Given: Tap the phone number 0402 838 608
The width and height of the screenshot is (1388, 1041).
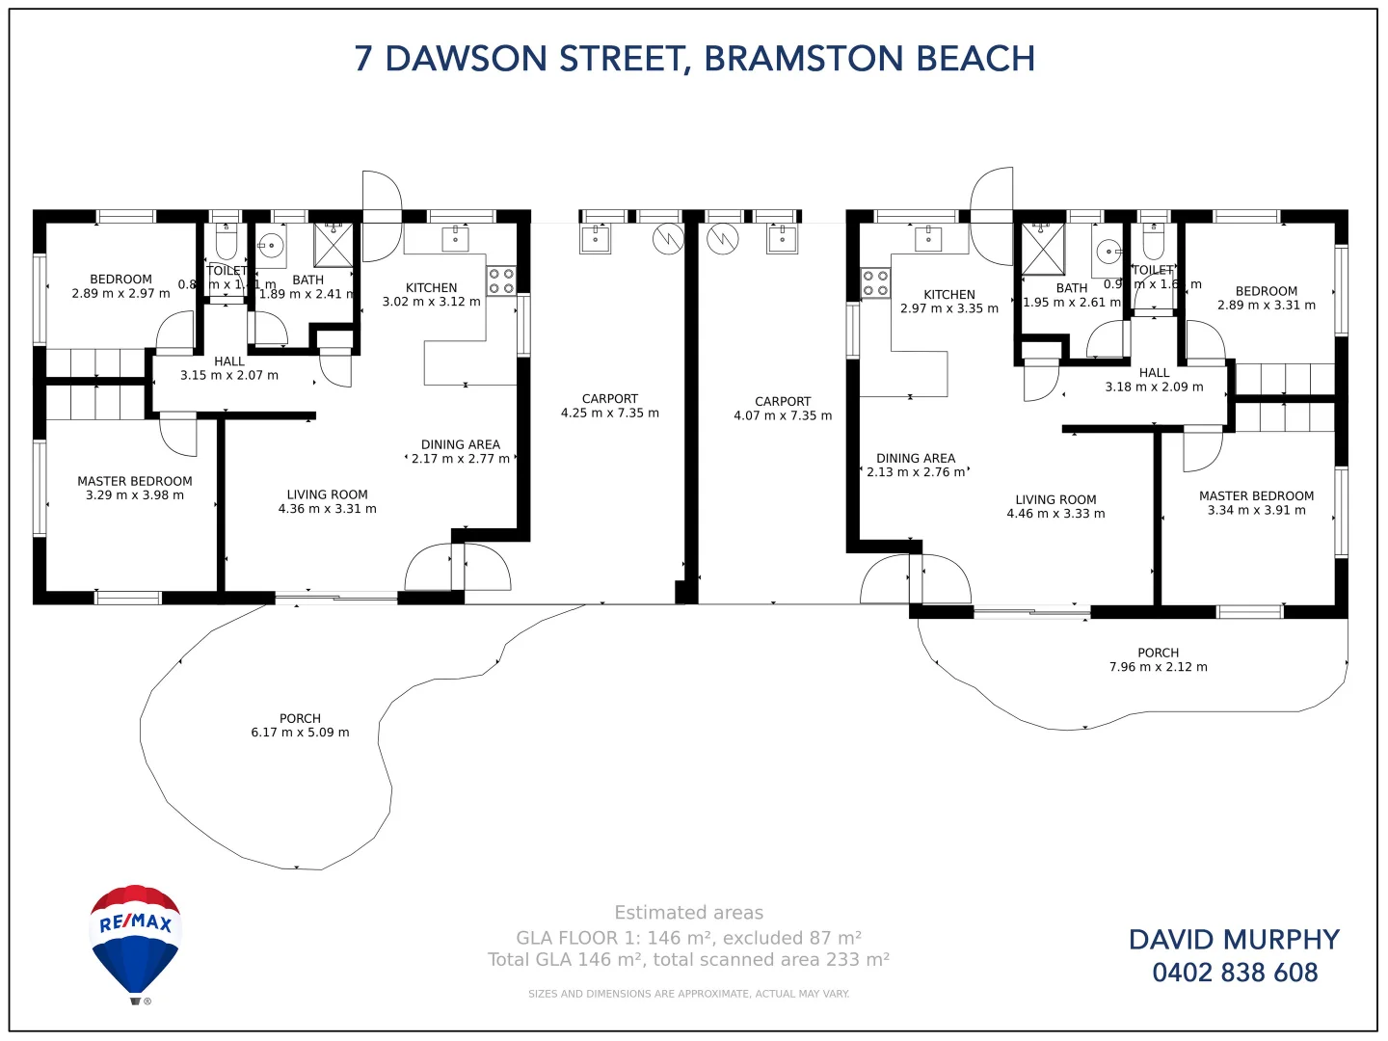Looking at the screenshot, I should [1235, 973].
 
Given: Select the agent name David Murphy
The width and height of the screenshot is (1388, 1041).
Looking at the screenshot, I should [1234, 940].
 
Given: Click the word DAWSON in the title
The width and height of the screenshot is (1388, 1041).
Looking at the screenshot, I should [467, 59].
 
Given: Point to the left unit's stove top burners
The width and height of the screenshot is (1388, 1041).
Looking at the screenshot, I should [501, 280].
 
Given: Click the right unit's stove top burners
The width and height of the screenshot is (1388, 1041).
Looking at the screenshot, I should [875, 283].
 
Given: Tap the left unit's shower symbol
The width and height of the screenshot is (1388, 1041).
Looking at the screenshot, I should [334, 245].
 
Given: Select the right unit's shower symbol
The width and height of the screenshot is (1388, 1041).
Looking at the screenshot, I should [1043, 249].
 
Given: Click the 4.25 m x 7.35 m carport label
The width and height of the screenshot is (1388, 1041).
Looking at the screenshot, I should [610, 406].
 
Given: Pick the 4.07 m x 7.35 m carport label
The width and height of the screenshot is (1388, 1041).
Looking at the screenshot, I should [783, 409].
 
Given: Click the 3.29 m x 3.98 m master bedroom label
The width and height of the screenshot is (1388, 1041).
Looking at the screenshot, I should [135, 488].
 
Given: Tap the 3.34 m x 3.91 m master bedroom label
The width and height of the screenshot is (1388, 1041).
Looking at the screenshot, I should [1256, 503].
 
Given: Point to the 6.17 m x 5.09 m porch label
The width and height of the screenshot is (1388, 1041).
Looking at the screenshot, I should [300, 726].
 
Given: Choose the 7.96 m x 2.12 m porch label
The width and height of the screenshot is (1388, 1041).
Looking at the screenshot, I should [1158, 660].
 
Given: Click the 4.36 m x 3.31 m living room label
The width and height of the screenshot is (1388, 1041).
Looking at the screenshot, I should [327, 501].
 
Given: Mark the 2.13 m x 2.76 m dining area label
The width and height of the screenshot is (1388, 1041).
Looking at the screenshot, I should [916, 466].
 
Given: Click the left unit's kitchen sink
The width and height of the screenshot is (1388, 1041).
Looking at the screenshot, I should [455, 238].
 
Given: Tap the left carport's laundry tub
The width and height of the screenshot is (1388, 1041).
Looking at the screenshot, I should [595, 238].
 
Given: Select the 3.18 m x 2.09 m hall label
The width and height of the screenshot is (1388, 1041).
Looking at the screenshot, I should [1154, 380].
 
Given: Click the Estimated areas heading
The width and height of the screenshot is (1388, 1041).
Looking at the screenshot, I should [688, 913].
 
